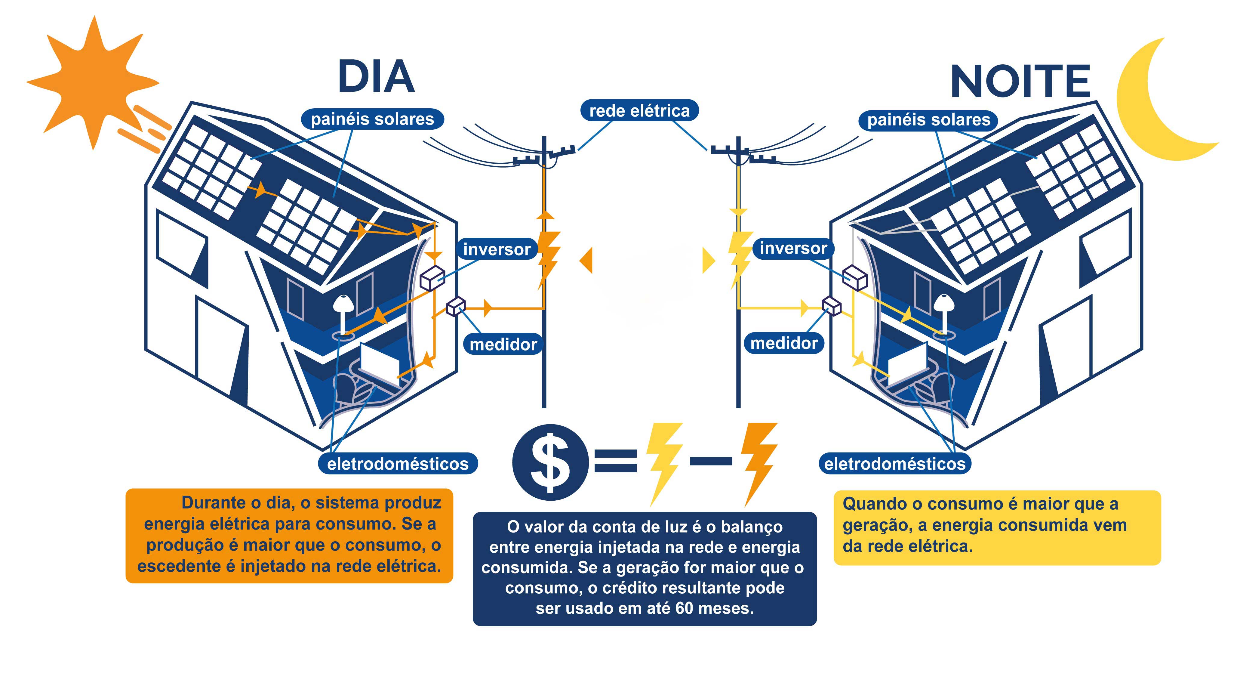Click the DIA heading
(x=376, y=77)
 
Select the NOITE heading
(x=1020, y=82)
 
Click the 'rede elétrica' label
(x=639, y=111)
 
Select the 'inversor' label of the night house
(x=793, y=248)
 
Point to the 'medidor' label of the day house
(x=503, y=345)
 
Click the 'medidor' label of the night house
(x=784, y=343)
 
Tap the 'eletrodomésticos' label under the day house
(x=398, y=464)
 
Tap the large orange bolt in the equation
(x=759, y=461)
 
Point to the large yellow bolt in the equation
(x=664, y=461)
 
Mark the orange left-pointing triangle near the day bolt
(x=586, y=261)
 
